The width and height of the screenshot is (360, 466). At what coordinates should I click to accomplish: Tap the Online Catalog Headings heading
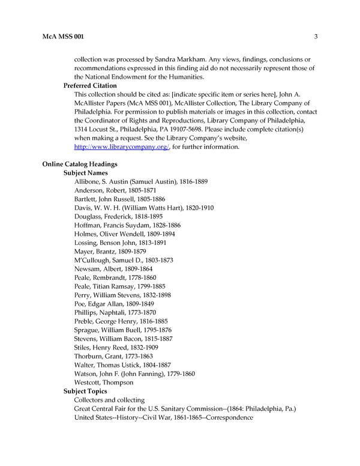pos(79,164)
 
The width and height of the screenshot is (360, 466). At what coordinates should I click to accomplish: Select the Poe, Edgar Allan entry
pos(112,303)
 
